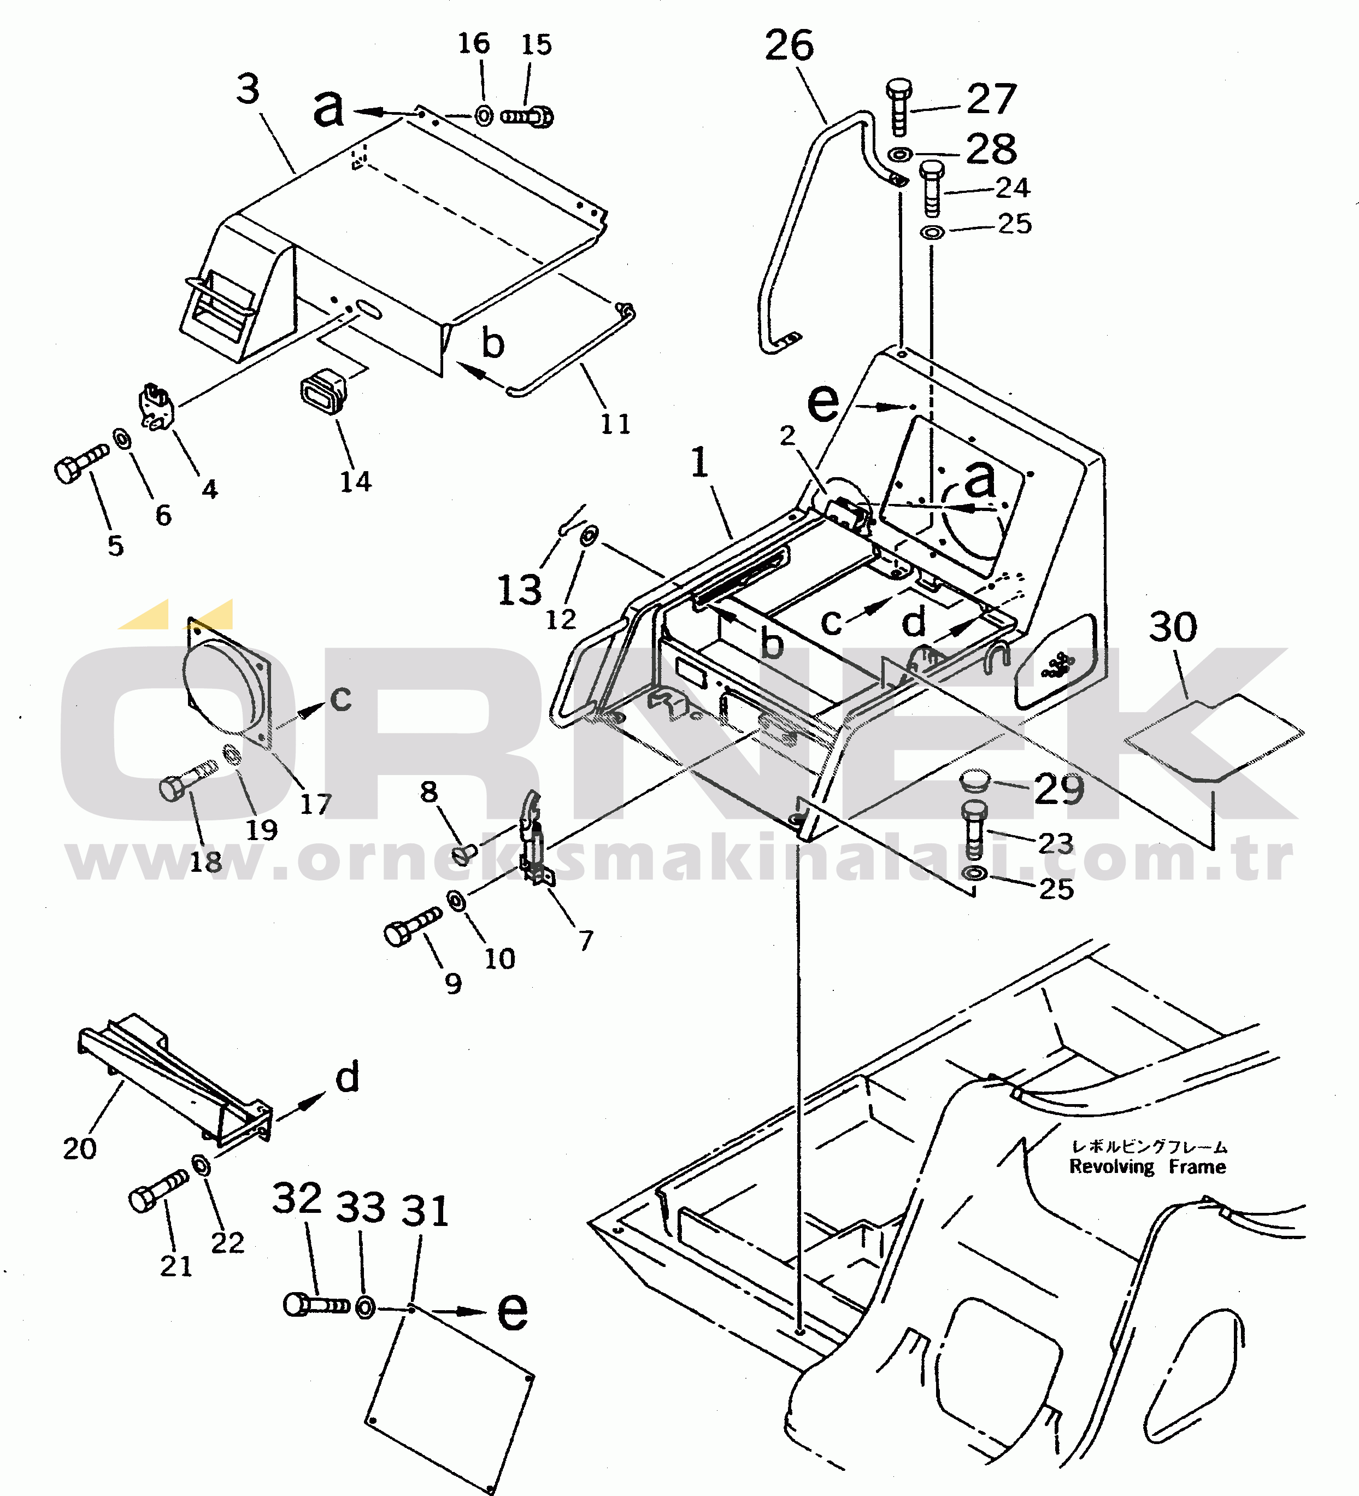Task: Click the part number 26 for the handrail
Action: [789, 46]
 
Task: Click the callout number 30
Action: [1173, 627]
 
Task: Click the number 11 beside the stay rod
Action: [615, 425]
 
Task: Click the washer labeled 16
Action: [484, 116]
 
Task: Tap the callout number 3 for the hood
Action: [248, 89]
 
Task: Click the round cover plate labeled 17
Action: [222, 681]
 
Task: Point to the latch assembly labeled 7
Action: [534, 838]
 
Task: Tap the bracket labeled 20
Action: [170, 1077]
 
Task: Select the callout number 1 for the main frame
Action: [699, 463]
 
